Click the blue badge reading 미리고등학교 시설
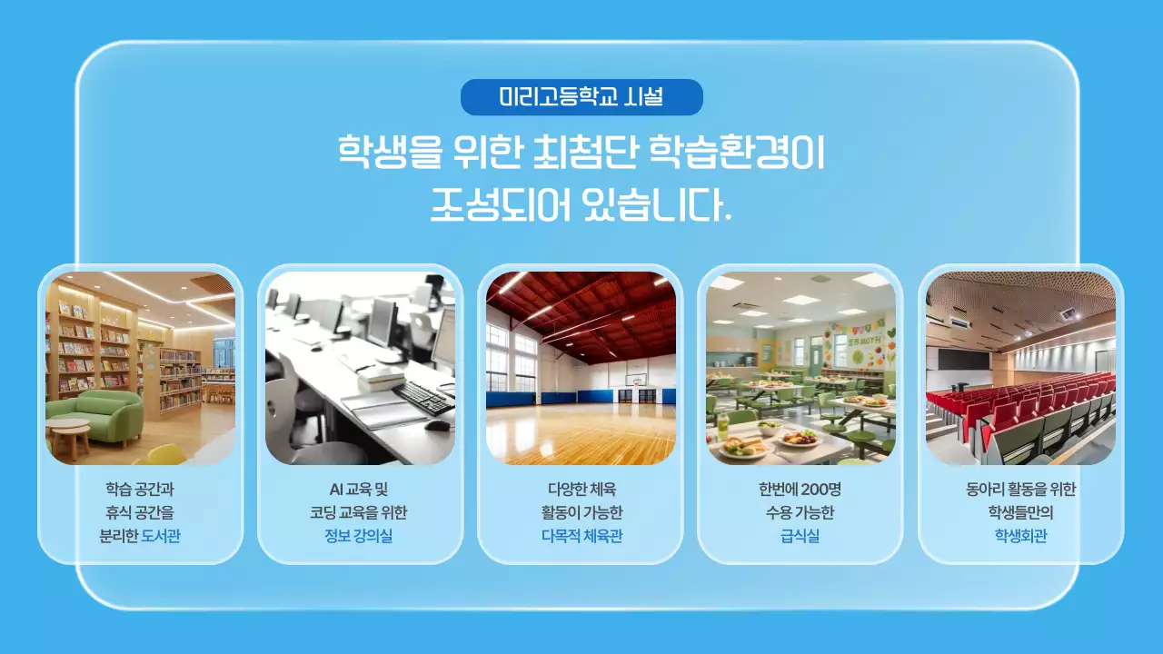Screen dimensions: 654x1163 pyautogui.click(x=581, y=97)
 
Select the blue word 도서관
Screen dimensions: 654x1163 pyautogui.click(x=161, y=536)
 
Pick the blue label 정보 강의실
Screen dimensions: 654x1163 pyautogui.click(x=359, y=536)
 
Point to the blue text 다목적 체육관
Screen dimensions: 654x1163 pyautogui.click(x=581, y=536)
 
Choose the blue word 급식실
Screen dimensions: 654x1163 pyautogui.click(x=800, y=536)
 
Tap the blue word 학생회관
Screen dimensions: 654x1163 pyautogui.click(x=1020, y=536)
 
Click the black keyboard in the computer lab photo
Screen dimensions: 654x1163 pyautogui.click(x=422, y=396)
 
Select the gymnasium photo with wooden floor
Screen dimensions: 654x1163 pyautogui.click(x=581, y=368)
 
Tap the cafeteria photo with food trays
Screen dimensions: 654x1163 pyautogui.click(x=800, y=368)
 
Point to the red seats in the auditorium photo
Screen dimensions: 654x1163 pyautogui.click(x=1018, y=400)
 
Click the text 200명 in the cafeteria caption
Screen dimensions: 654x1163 pyautogui.click(x=820, y=489)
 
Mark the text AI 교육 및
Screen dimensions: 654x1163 pyautogui.click(x=359, y=489)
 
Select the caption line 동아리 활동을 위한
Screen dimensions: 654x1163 pyautogui.click(x=1020, y=489)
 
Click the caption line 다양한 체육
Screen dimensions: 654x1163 pyautogui.click(x=581, y=489)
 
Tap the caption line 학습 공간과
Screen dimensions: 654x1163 pyautogui.click(x=141, y=489)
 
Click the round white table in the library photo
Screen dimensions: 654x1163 pyautogui.click(x=68, y=427)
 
